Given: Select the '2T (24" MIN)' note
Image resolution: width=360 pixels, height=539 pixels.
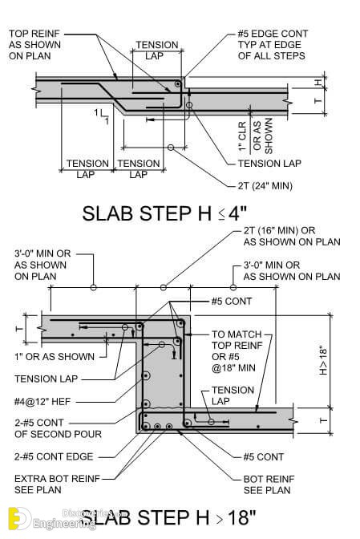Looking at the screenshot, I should click(265, 185).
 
